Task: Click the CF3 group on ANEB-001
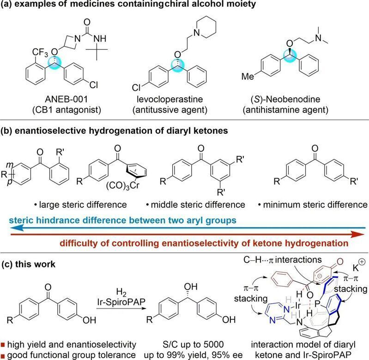click(x=40, y=53)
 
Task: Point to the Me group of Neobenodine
click(x=248, y=77)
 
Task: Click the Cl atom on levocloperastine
click(x=136, y=88)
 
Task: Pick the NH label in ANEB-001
click(x=100, y=39)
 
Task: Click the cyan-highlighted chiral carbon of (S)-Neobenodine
click(x=289, y=56)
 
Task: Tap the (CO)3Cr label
click(x=123, y=186)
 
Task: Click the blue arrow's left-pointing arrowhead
click(x=16, y=228)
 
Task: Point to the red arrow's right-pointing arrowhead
click(x=358, y=234)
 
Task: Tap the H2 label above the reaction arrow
click(x=121, y=293)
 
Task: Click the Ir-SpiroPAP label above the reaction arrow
click(x=121, y=302)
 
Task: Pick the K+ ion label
click(x=359, y=266)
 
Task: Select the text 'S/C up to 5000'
click(x=193, y=345)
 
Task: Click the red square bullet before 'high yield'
click(x=3, y=345)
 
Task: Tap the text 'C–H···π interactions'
click(x=283, y=260)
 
